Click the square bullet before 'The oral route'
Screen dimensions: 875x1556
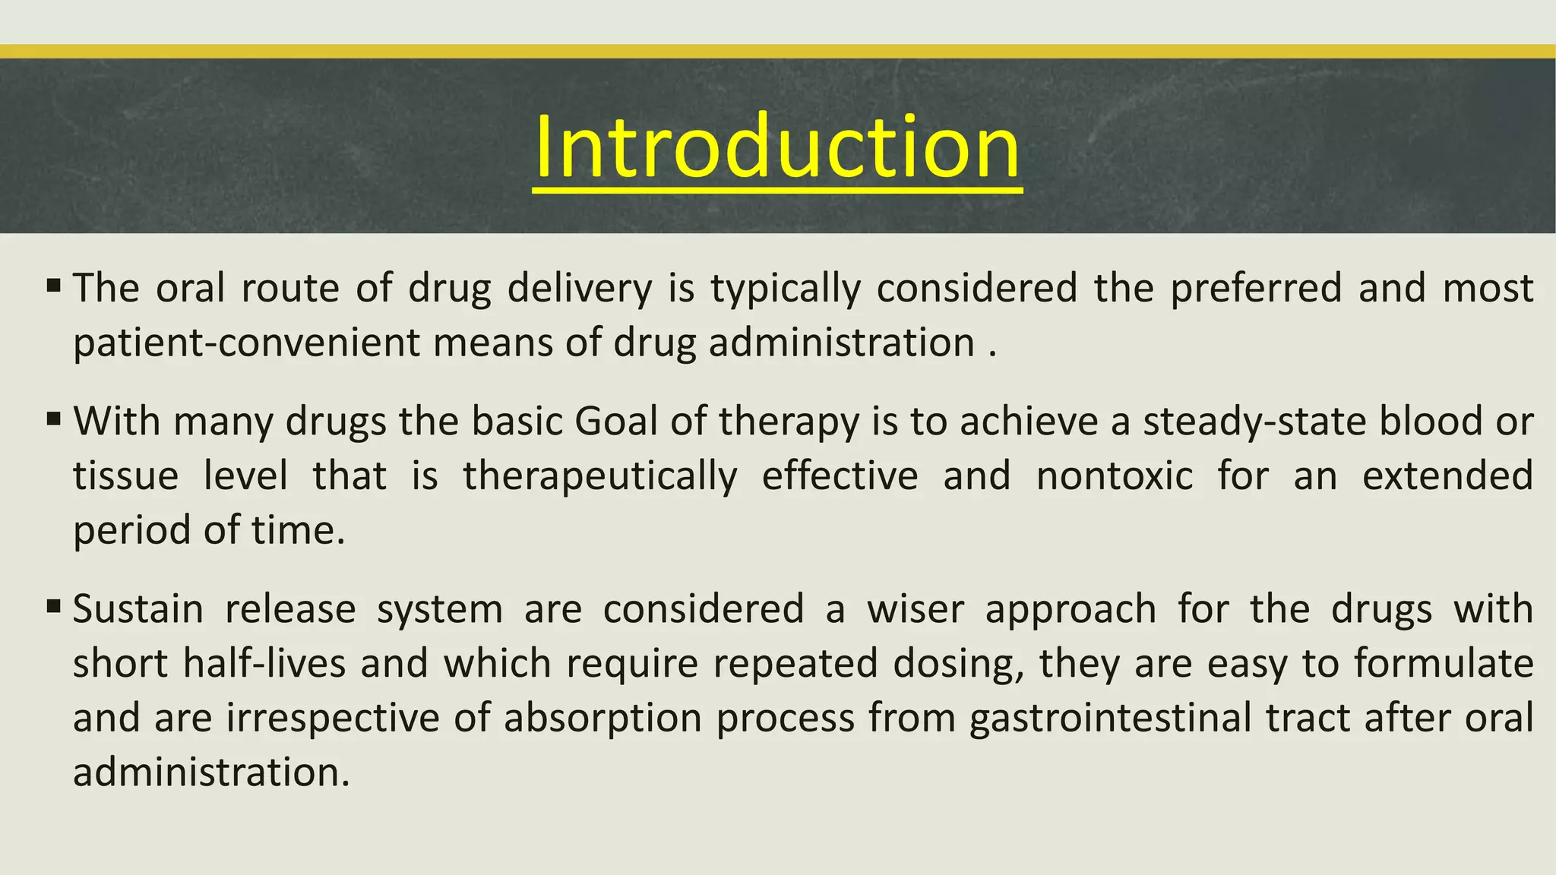pyautogui.click(x=53, y=287)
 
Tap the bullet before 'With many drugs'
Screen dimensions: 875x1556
pyautogui.click(x=53, y=419)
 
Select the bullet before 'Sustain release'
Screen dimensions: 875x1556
pyautogui.click(x=53, y=607)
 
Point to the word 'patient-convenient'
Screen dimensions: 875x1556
pyautogui.click(x=246, y=343)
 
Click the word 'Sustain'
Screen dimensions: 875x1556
pyautogui.click(x=138, y=609)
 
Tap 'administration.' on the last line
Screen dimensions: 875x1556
pyautogui.click(x=211, y=773)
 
